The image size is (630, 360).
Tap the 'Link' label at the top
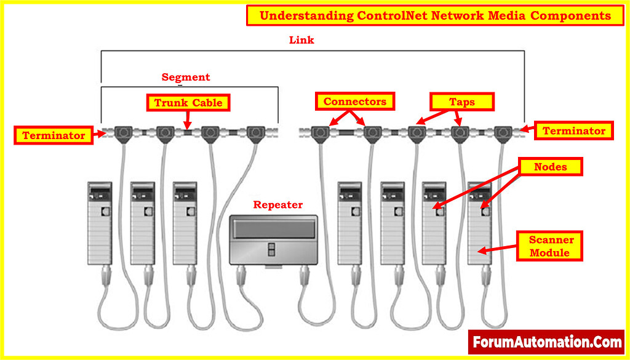click(x=301, y=40)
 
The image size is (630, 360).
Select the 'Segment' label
click(x=185, y=77)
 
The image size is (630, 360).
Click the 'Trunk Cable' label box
click(x=188, y=103)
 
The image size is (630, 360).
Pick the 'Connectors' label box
click(x=355, y=102)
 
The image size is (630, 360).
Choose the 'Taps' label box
click(x=461, y=102)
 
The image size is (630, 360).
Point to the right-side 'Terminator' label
click(x=573, y=130)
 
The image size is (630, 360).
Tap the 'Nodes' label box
click(x=551, y=167)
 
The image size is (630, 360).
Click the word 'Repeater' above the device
click(x=278, y=205)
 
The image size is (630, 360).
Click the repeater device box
click(x=273, y=239)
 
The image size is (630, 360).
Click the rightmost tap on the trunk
click(x=503, y=132)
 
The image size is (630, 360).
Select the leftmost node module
click(x=100, y=222)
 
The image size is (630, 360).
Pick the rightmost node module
click(x=480, y=222)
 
